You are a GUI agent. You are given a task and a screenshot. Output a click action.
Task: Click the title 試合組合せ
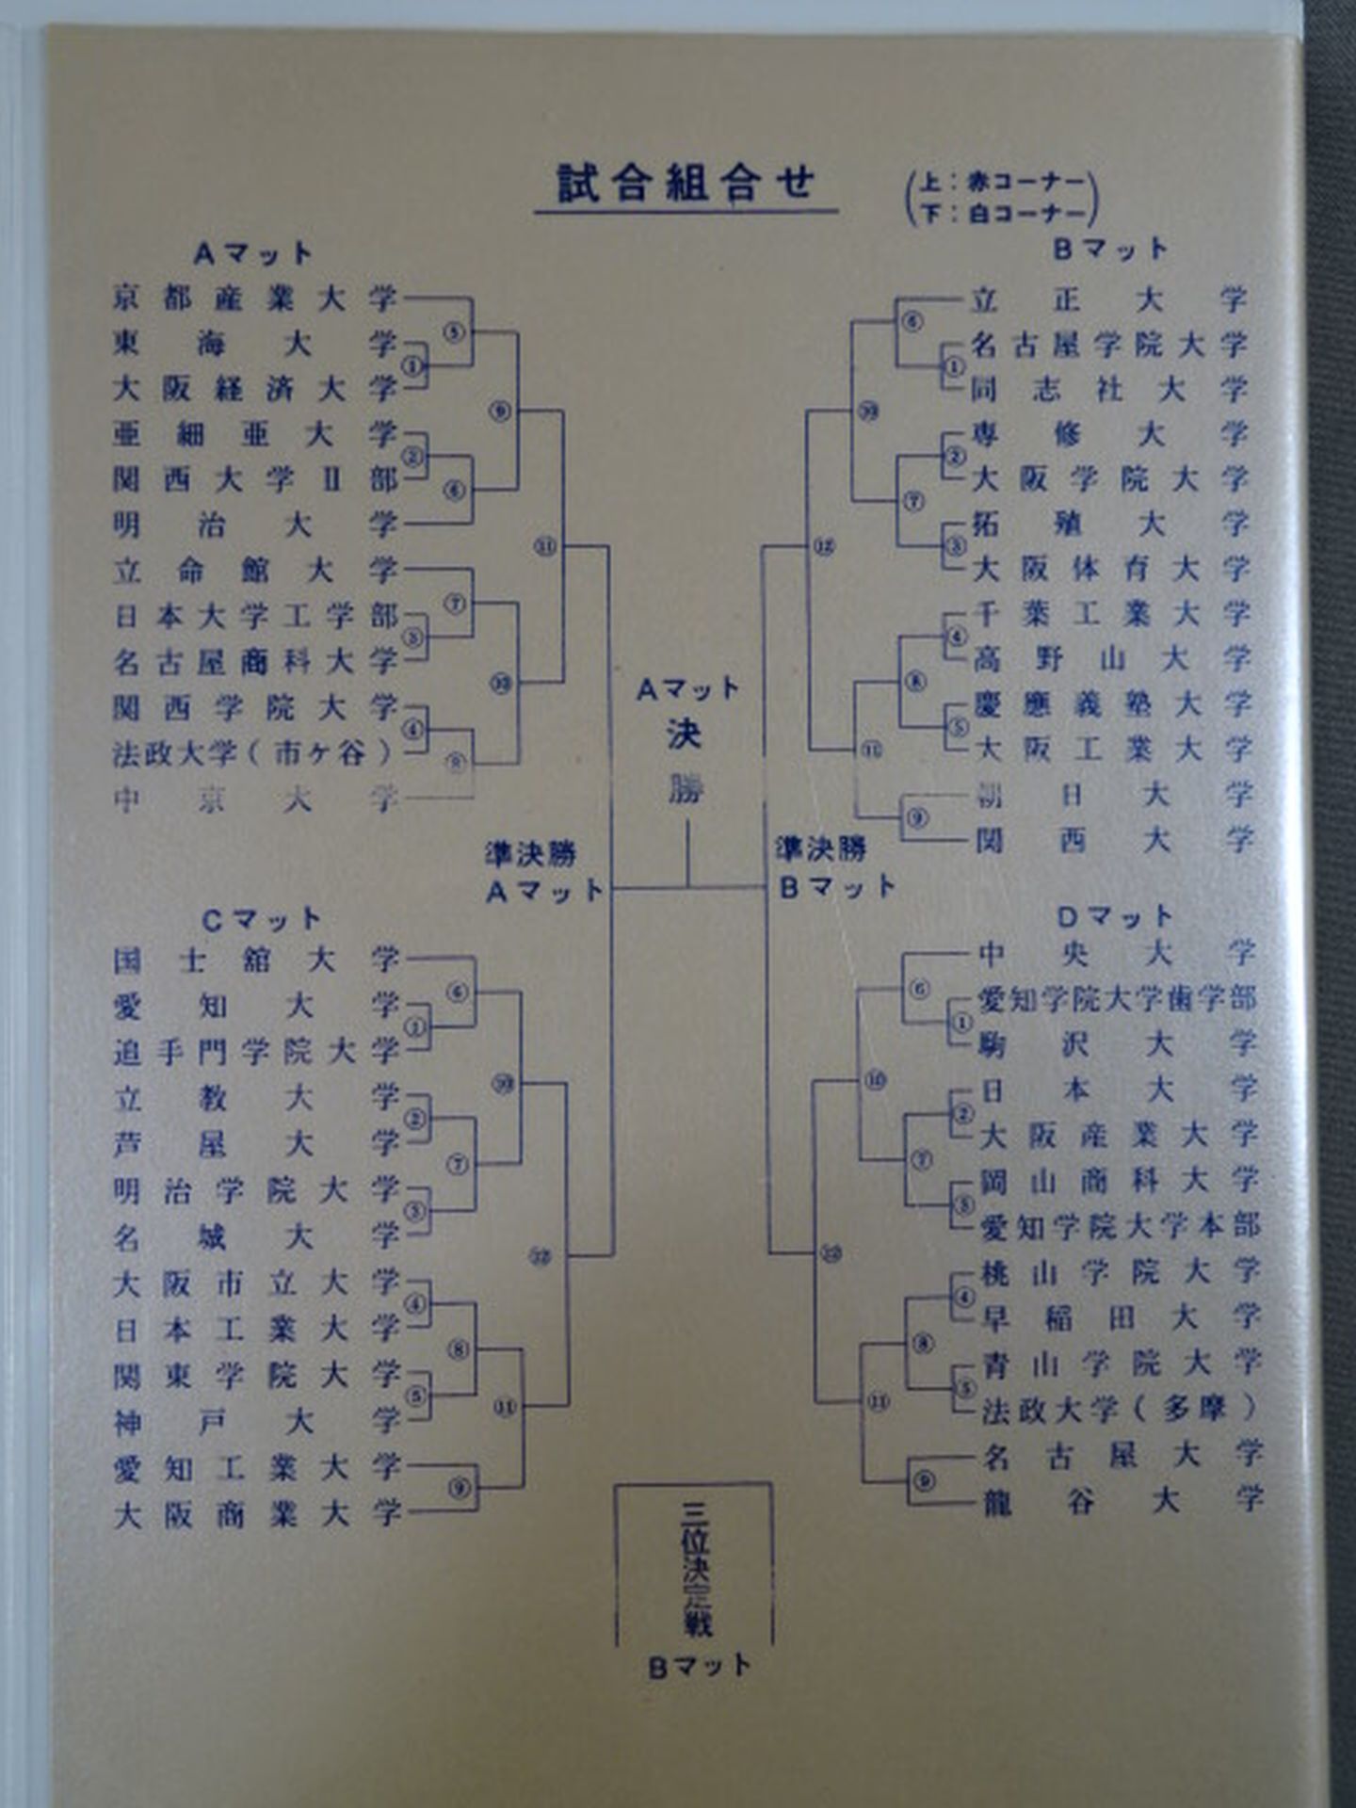point(685,183)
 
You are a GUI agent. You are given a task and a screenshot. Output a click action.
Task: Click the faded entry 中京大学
point(254,799)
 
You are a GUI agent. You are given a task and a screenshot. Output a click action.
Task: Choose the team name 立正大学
point(1108,299)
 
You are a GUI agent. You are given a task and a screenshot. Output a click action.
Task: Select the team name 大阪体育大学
point(1110,568)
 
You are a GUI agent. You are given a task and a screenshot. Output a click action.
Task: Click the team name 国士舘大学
point(255,960)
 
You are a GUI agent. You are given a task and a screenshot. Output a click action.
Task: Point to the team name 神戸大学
point(255,1421)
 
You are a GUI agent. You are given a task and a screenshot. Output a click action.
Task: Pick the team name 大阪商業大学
point(257,1513)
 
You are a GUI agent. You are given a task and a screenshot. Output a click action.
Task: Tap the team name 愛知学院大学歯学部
point(1117,999)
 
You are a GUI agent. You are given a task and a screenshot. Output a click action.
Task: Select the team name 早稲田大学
point(1120,1317)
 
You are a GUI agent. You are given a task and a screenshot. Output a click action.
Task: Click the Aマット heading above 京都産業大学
point(252,253)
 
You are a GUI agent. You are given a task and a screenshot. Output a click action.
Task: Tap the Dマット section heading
point(1114,915)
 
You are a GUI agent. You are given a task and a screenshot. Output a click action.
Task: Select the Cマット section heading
point(261,919)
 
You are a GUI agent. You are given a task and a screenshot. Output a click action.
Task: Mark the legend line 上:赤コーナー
point(1006,182)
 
